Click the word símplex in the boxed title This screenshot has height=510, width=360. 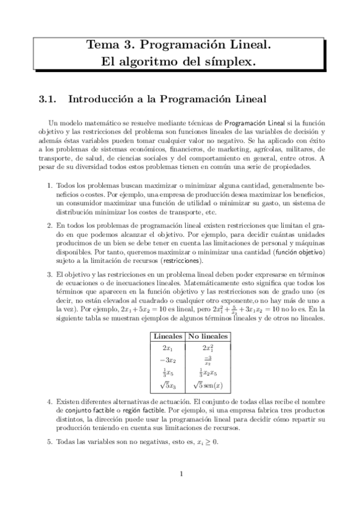click(231, 61)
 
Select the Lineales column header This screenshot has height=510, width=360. click(168, 335)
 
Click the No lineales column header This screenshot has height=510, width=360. click(208, 335)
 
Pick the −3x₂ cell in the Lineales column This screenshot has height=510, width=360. click(168, 360)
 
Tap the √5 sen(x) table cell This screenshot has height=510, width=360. click(208, 385)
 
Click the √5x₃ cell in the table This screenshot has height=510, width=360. click(168, 385)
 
